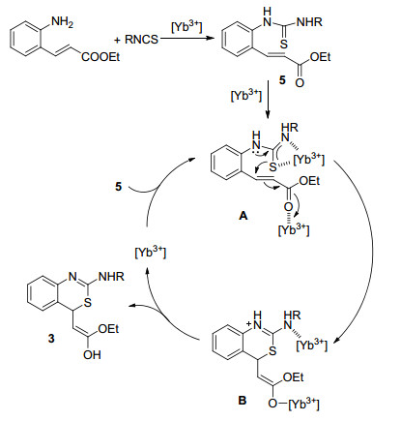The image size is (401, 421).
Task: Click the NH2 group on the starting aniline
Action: coord(62,22)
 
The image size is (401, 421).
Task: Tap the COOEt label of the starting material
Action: coord(100,57)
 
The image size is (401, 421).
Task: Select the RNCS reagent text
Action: coord(141,40)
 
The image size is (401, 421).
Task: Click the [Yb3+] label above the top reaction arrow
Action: coord(186,27)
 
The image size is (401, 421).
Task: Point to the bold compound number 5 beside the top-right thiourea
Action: coord(282,80)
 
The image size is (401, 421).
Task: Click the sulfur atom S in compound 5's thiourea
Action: coord(283,45)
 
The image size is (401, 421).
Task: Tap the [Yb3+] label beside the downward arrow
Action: coord(246,96)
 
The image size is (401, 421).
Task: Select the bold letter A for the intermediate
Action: coord(243,216)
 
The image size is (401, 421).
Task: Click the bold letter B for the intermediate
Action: coord(243,401)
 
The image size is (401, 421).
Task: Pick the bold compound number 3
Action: coord(51,339)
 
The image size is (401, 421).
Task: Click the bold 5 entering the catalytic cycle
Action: coord(119,187)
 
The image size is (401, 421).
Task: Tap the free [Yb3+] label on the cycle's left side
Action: coord(151,252)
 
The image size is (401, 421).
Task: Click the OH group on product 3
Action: coord(92,355)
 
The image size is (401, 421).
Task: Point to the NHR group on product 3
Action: coord(111,277)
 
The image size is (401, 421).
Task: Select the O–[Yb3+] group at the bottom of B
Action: coord(294,404)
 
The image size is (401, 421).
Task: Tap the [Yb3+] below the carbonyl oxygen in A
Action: coord(294,229)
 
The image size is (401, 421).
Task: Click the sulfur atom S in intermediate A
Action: coord(272,166)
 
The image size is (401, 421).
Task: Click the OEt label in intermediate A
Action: coord(309,181)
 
